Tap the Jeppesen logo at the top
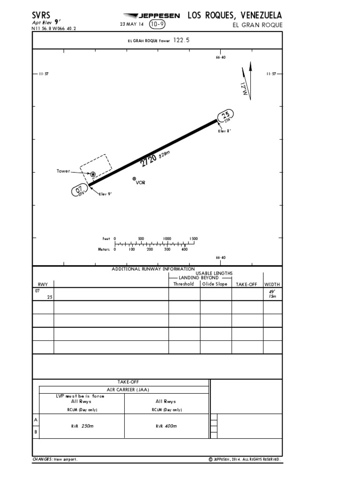tap(150, 16)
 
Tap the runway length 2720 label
tap(148, 160)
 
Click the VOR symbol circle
tap(135, 179)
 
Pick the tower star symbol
tap(93, 174)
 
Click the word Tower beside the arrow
tap(63, 172)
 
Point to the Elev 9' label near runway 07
tap(105, 194)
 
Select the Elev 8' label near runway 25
tap(225, 131)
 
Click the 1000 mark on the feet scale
tap(167, 239)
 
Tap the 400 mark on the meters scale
tap(184, 249)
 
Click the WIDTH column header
tap(273, 284)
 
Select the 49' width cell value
tap(272, 291)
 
